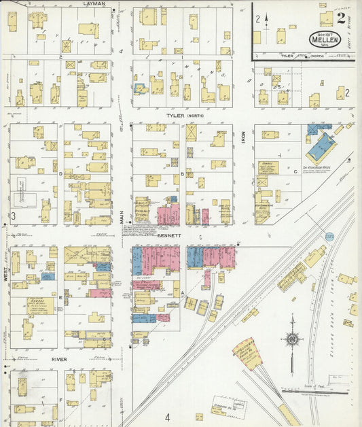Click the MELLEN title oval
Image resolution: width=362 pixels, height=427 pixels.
[325, 39]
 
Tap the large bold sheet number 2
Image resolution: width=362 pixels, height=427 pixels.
[340, 18]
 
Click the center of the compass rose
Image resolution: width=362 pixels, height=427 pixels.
[292, 339]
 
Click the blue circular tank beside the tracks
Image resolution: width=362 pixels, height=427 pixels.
[329, 235]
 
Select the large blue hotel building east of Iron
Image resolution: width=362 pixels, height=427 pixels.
[321, 146]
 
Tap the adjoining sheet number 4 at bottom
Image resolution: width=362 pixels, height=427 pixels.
[166, 417]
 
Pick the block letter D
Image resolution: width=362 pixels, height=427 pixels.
[60, 174]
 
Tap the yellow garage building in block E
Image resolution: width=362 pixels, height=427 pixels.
[40, 305]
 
